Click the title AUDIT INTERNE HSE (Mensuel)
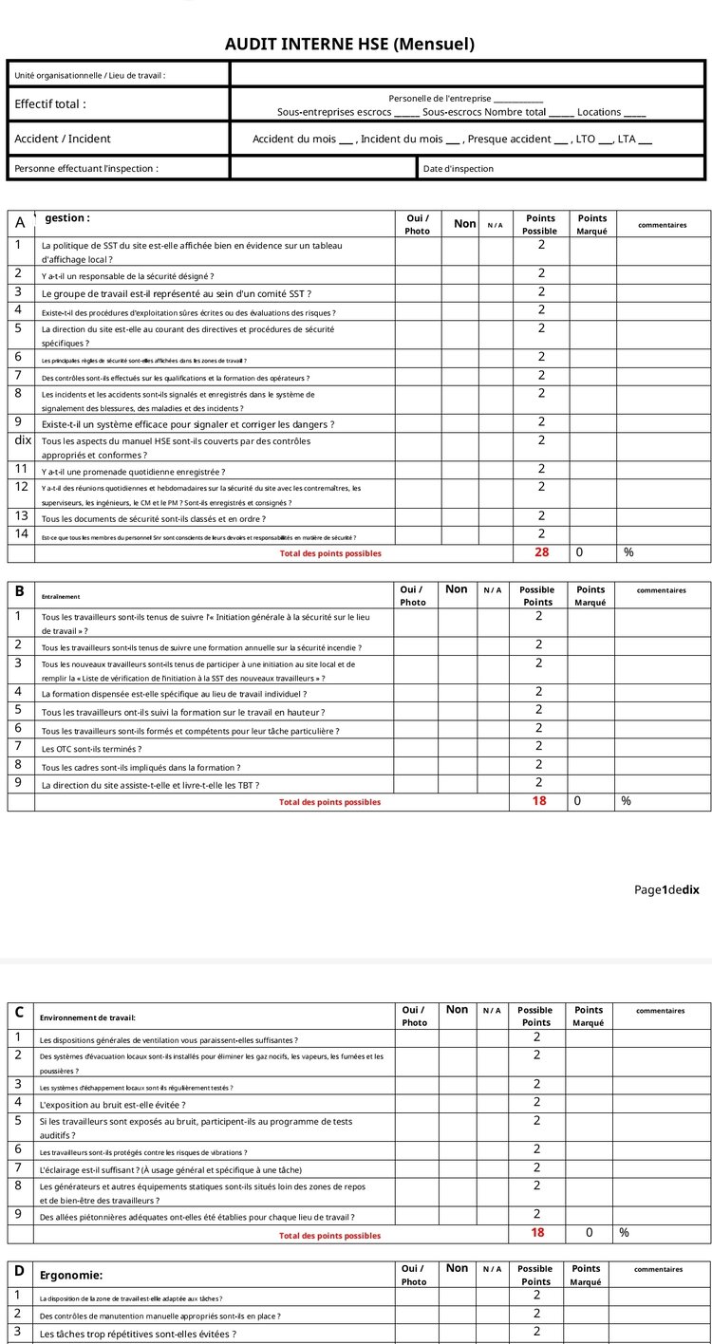349,44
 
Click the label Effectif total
49,104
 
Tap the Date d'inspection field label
459,169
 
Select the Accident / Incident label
62,139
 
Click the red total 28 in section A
541,552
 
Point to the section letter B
20,590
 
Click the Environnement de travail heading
87,1017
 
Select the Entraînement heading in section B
61,597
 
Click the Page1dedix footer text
666,889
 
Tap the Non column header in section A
464,223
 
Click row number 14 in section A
21,533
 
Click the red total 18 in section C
537,1233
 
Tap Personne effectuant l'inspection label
85,169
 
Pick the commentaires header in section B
661,590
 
